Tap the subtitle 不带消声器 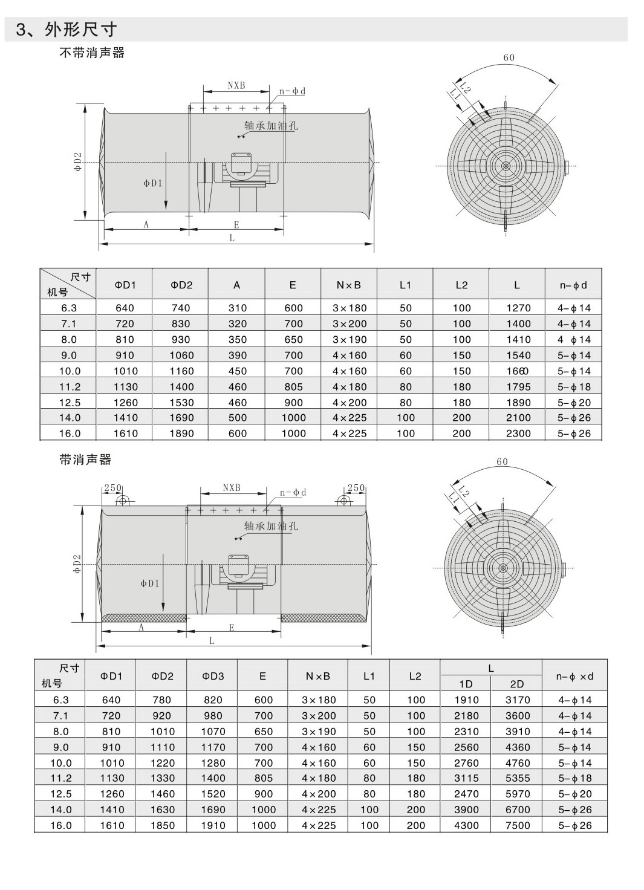[92, 53]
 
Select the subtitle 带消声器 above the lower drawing [86, 460]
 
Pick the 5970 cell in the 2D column [517, 794]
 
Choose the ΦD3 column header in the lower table [213, 676]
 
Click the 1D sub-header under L [466, 684]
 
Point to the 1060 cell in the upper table [181, 356]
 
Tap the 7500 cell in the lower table [517, 825]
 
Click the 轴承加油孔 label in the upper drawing [271, 126]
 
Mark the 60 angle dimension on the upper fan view [509, 58]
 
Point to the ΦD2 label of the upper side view [77, 162]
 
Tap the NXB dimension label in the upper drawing [236, 85]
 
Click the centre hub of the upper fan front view [506, 166]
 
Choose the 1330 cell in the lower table [162, 778]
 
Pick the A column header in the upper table [237, 285]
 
